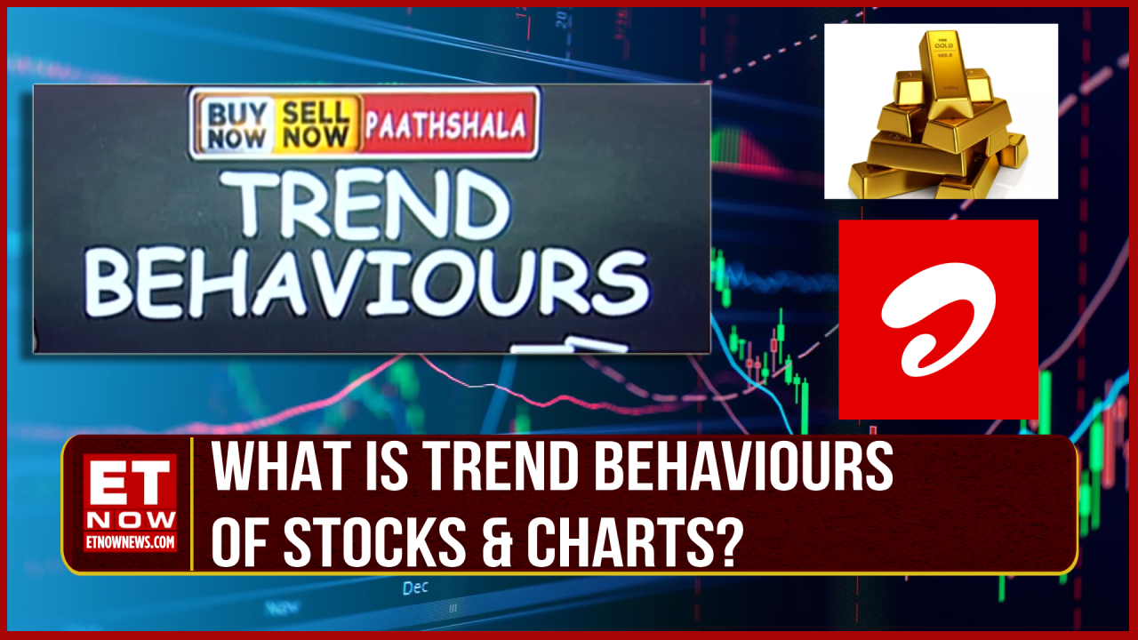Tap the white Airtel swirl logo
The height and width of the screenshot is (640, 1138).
pyautogui.click(x=937, y=317)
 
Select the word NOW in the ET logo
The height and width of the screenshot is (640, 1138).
pyautogui.click(x=131, y=518)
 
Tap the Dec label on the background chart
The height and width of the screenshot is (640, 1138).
pyautogui.click(x=415, y=588)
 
